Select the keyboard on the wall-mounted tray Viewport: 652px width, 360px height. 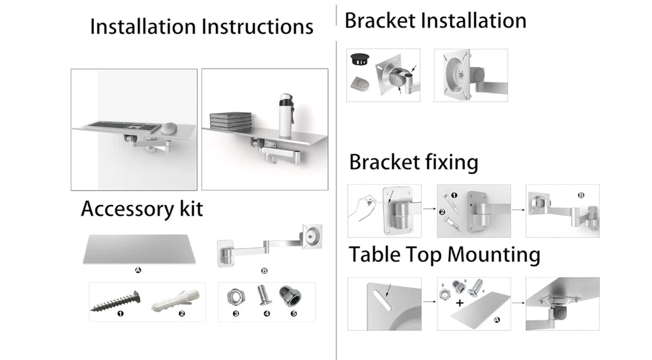point(118,124)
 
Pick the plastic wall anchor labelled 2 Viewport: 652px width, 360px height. point(175,299)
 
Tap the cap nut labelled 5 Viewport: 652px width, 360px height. point(290,296)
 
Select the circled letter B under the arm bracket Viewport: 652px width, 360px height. point(264,270)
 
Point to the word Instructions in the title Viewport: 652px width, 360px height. point(258,27)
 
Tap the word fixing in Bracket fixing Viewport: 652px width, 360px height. point(447,162)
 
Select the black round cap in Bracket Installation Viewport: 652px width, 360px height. point(360,60)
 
